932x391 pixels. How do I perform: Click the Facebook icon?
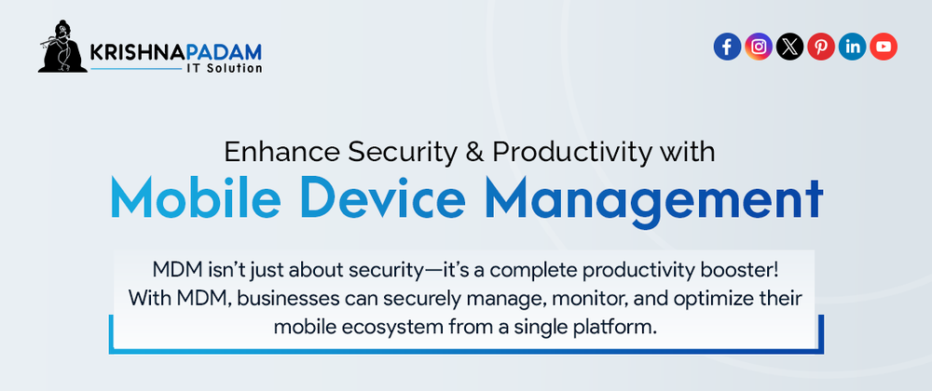pos(727,47)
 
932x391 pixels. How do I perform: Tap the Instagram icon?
pos(759,47)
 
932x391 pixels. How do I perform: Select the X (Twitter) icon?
pos(789,47)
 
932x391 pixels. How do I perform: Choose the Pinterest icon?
pos(821,47)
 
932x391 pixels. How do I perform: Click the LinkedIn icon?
pos(853,47)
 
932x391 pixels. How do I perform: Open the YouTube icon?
pos(884,47)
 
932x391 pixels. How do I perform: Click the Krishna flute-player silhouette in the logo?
pos(62,47)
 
